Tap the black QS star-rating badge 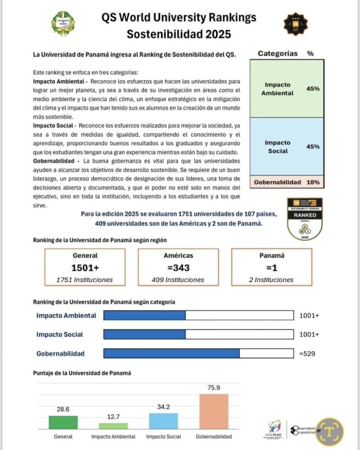point(295,24)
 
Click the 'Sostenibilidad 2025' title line point(179,35)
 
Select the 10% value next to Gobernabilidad point(313,182)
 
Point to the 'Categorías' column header point(277,54)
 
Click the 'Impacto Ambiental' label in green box point(277,89)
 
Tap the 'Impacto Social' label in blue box point(277,147)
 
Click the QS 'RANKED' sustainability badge point(304,218)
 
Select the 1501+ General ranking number point(85,268)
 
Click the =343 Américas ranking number point(179,268)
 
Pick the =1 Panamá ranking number point(271,268)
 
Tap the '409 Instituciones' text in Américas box point(179,280)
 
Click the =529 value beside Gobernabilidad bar point(307,354)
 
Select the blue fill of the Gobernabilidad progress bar point(171,354)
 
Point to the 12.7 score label point(113,417)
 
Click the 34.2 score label point(164,407)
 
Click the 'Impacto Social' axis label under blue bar point(164,437)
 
